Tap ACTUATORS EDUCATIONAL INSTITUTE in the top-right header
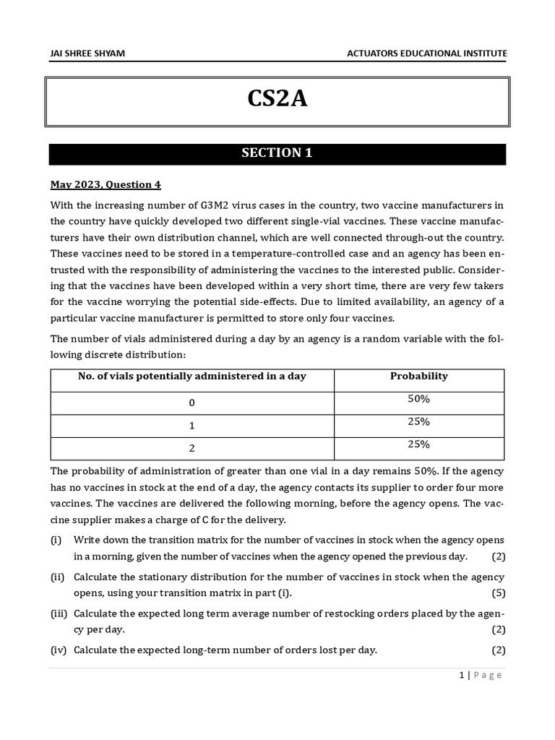point(427,53)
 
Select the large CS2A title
point(277,99)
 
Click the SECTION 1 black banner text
point(277,153)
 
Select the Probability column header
point(418,376)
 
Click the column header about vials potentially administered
point(192,376)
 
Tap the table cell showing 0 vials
point(192,403)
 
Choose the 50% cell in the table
point(418,399)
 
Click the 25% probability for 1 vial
point(418,421)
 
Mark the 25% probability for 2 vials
point(418,444)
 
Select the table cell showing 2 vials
point(192,448)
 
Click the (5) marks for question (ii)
point(498,593)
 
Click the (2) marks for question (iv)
point(498,650)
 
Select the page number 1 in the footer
point(461,675)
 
